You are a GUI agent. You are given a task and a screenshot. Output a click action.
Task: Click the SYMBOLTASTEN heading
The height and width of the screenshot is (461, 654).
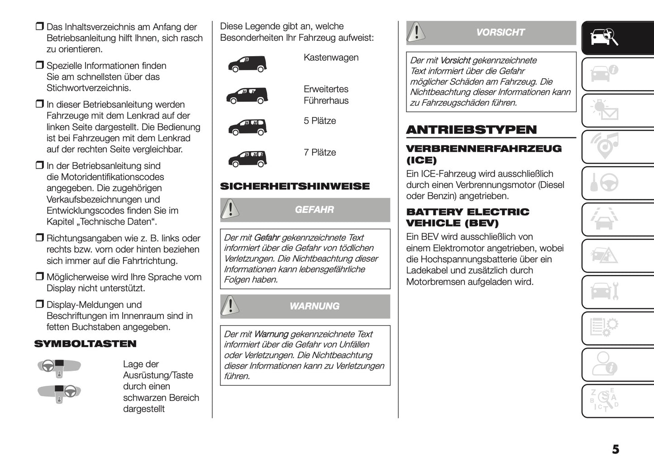point(85,344)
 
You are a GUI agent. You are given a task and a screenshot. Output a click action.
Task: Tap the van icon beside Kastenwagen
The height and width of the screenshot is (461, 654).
point(247,64)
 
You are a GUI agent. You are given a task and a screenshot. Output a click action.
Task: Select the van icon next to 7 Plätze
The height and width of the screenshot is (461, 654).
point(247,158)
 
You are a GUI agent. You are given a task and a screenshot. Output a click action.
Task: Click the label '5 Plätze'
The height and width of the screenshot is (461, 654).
point(320,121)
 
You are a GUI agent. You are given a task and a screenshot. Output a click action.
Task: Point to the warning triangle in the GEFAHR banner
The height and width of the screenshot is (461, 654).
point(230,209)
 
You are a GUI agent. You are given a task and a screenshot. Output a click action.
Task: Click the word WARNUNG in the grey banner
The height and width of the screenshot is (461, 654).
point(314,306)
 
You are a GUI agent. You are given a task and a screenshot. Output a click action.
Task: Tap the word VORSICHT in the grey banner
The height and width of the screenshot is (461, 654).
point(500,33)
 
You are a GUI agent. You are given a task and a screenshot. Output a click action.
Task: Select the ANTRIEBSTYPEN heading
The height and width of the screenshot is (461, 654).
point(471,130)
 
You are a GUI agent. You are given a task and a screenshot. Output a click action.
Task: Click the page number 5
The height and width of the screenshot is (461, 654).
point(616,449)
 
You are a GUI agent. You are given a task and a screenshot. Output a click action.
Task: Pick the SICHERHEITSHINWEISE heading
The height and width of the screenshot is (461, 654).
point(295,186)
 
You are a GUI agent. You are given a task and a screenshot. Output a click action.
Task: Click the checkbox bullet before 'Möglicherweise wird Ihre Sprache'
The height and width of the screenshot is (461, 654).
point(40,277)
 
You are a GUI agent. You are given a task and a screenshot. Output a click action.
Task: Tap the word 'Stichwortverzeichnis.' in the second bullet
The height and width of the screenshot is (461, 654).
point(89,88)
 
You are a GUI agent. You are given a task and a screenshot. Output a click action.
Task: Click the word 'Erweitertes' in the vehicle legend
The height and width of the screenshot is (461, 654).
point(326,89)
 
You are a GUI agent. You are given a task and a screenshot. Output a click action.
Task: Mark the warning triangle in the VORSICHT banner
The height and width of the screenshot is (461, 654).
point(416,32)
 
